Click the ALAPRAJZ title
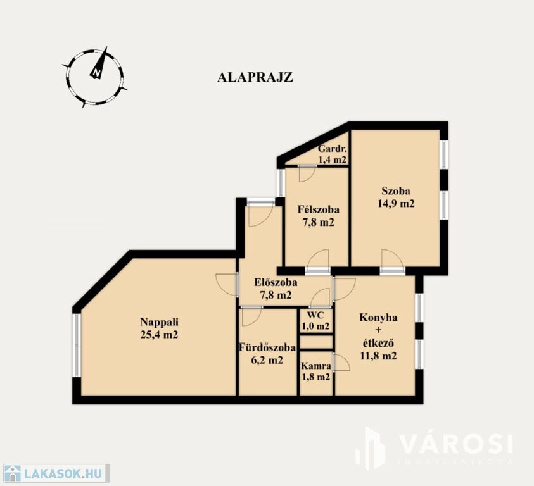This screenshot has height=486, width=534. click(255, 77)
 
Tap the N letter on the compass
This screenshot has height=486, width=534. click(97, 73)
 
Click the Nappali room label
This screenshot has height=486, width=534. click(160, 321)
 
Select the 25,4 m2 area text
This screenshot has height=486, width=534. click(160, 335)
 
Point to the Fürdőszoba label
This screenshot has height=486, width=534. click(267, 347)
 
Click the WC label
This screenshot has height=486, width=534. click(315, 314)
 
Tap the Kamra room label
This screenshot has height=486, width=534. click(316, 366)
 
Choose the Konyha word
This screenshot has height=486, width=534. click(378, 318)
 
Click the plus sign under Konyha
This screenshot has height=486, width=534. click(378, 330)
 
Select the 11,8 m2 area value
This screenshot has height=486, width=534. click(378, 356)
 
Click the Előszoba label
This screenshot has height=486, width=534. click(276, 282)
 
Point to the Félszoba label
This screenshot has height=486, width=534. click(319, 209)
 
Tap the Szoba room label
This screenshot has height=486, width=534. click(396, 191)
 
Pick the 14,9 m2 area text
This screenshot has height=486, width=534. click(396, 204)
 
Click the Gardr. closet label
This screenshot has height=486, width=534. click(333, 149)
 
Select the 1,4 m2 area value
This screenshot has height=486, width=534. click(333, 159)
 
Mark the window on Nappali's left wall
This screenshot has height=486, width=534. click(77, 345)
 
